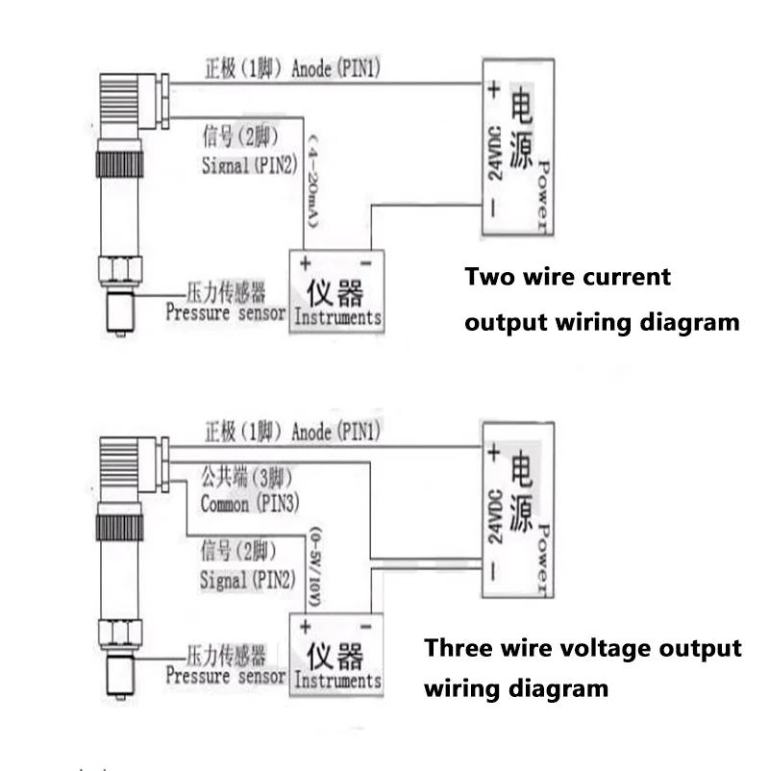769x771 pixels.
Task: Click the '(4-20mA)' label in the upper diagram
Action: click(313, 181)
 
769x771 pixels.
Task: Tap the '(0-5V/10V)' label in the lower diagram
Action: click(314, 567)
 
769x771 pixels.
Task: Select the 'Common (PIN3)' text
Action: click(250, 504)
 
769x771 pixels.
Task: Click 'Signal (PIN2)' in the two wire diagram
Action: click(249, 164)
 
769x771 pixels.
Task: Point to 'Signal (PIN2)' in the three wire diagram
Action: click(248, 580)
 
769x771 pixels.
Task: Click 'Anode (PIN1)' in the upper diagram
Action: click(335, 68)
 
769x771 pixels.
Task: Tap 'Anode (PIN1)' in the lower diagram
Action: click(335, 432)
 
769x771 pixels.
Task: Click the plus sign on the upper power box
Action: click(494, 89)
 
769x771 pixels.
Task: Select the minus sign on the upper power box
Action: click(493, 208)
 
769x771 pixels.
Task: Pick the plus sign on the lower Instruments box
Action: click(305, 627)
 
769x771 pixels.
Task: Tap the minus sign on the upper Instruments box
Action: click(366, 264)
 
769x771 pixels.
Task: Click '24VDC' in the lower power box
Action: click(496, 516)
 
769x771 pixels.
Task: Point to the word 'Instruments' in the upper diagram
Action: click(337, 317)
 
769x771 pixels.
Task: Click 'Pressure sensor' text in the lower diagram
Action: click(226, 676)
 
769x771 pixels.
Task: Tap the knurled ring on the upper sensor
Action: click(119, 164)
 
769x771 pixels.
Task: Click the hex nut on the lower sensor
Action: click(120, 632)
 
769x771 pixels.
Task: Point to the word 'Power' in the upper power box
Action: click(543, 196)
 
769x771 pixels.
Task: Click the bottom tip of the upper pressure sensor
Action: click(120, 336)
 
